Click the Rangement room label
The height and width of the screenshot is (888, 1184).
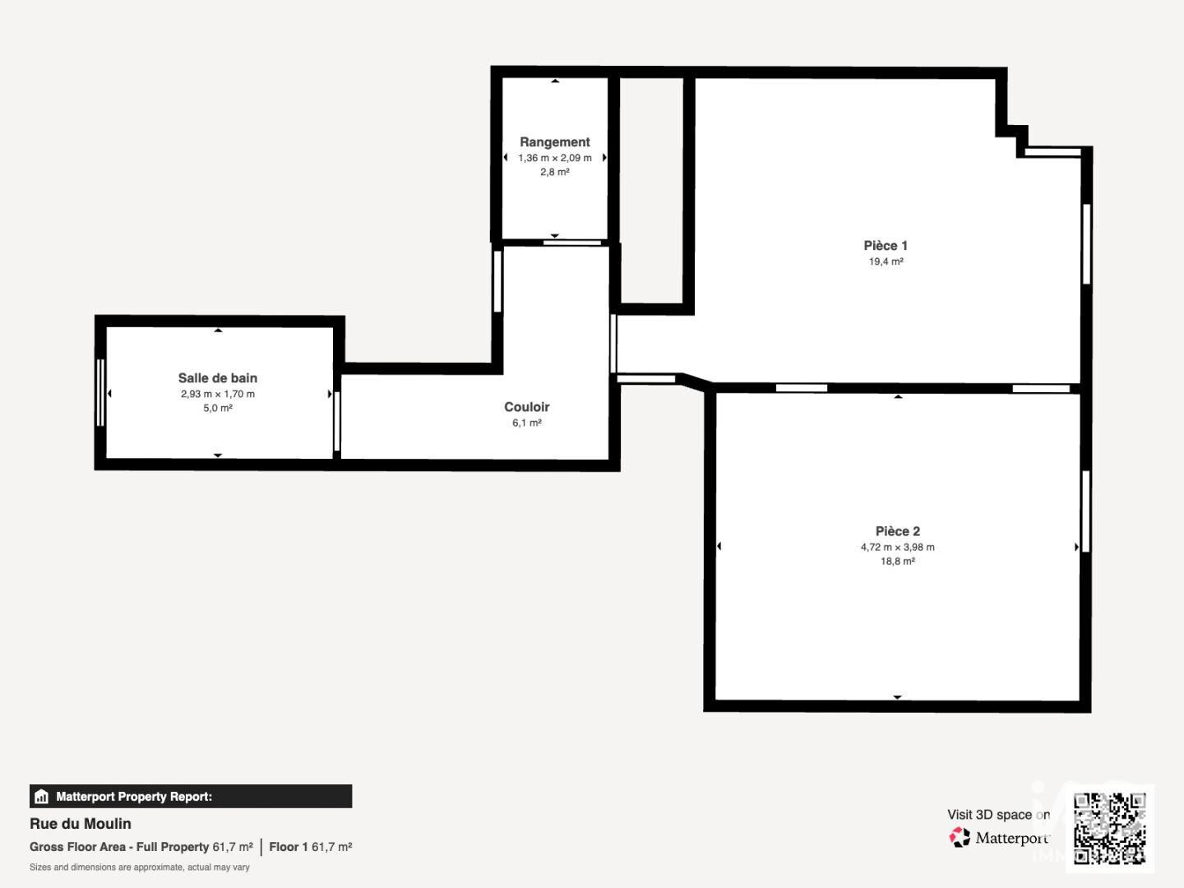pos(554,141)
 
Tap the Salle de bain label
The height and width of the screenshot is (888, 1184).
pos(217,378)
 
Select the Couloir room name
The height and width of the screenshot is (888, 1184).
pos(526,407)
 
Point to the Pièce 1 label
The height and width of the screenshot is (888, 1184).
pos(886,246)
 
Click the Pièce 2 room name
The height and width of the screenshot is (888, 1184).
pos(897,531)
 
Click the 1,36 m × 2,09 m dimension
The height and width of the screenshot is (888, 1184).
pos(554,158)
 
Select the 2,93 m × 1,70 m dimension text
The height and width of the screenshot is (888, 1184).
pos(217,394)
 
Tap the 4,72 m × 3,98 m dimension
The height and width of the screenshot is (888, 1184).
pos(897,548)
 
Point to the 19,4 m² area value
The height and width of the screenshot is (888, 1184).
pos(886,261)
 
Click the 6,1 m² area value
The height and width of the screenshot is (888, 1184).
pos(526,423)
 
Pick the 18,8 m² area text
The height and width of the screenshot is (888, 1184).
pos(897,562)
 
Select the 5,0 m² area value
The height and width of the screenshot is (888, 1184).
pos(217,408)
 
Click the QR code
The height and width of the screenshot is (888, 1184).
pos(1109,828)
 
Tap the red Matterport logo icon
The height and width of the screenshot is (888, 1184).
pos(959,837)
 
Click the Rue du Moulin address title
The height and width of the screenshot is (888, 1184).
pos(81,824)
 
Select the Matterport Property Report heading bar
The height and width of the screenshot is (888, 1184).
pos(191,797)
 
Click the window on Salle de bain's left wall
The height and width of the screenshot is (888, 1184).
pos(100,392)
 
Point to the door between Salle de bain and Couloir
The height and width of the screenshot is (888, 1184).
pos(336,421)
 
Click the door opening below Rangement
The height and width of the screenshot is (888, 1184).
pos(571,243)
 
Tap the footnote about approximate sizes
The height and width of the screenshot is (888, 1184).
pos(139,867)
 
